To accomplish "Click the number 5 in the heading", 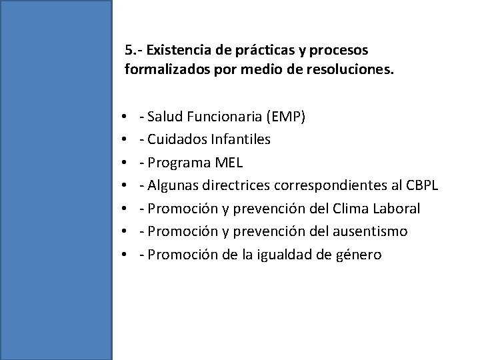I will [129, 50].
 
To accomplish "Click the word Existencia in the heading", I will [175, 50].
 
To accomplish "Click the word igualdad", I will [278, 254].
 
